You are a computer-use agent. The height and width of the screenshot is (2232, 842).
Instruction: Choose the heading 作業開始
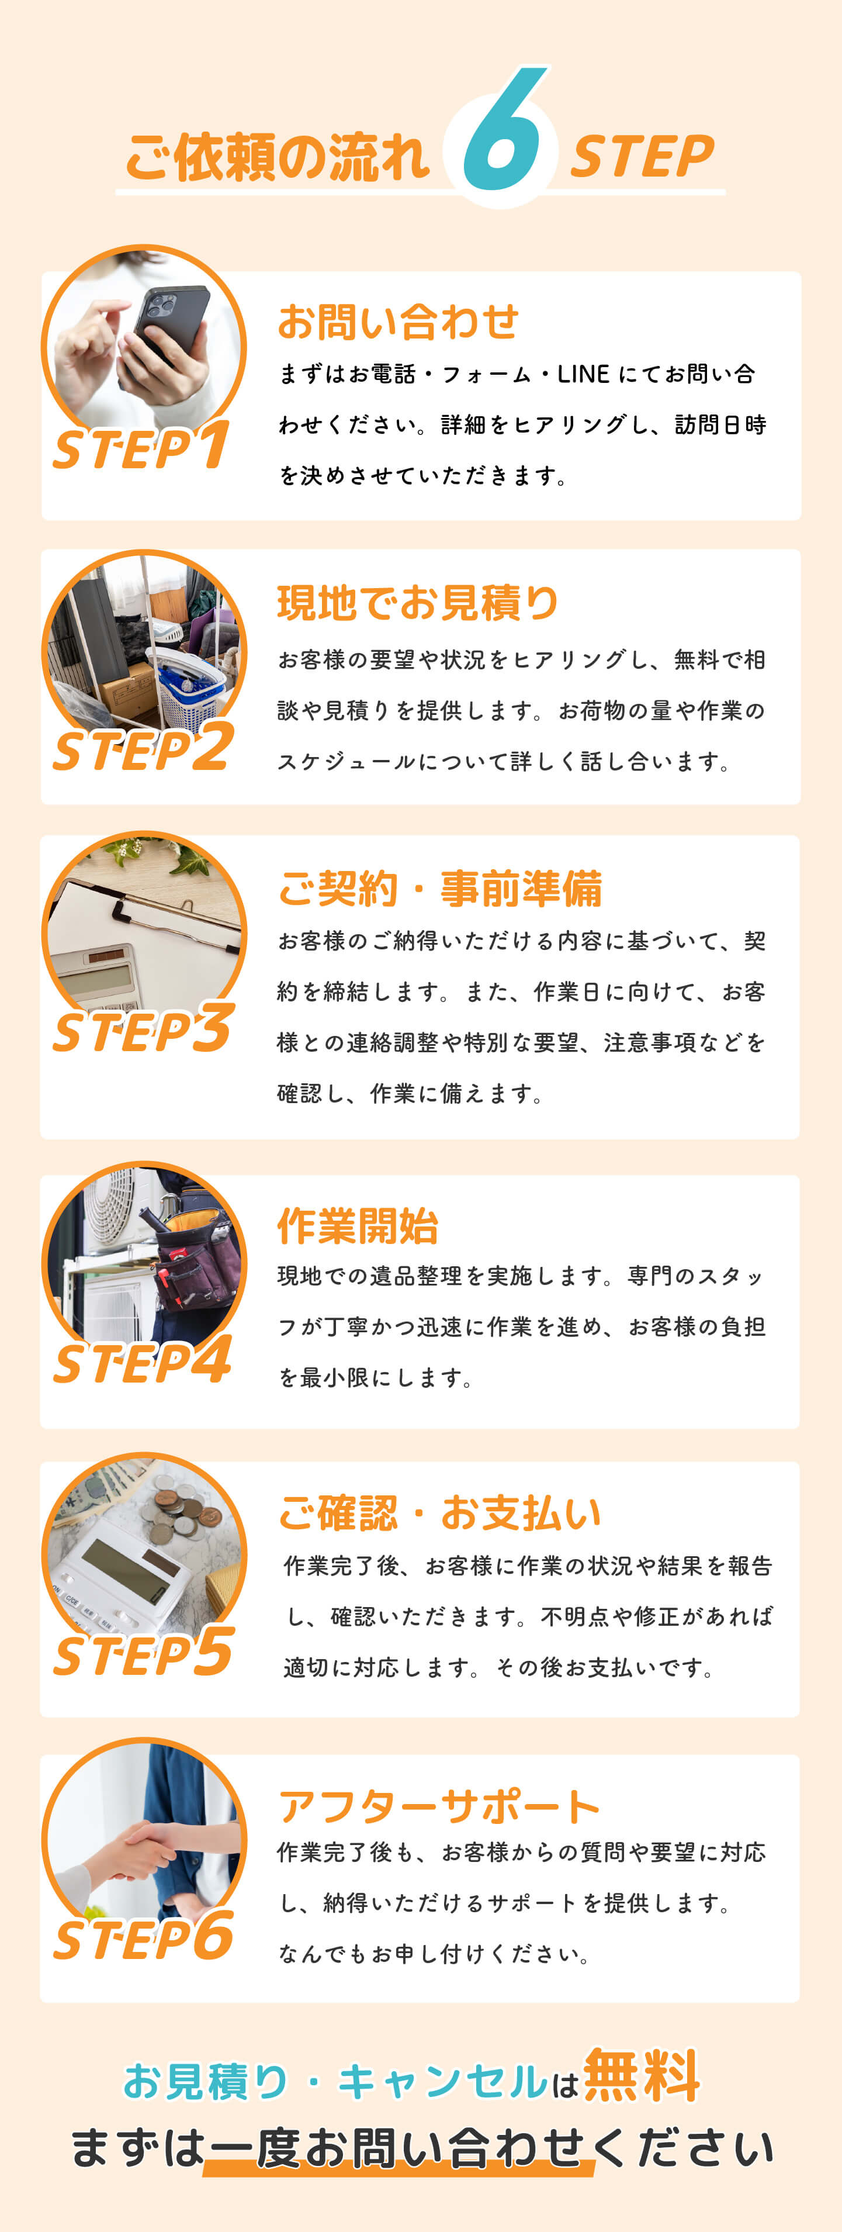(358, 1226)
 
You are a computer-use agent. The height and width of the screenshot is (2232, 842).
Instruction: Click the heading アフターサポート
(439, 1806)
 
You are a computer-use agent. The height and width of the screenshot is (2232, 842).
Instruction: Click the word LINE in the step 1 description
(583, 374)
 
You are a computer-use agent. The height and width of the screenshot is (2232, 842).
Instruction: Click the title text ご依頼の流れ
(277, 158)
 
